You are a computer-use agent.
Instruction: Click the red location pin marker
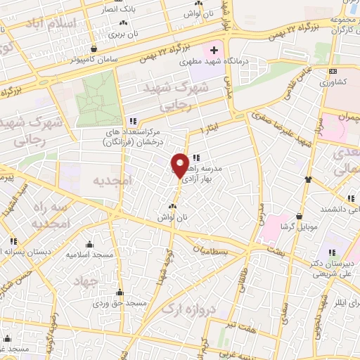point(181,164)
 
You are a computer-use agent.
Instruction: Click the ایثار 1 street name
point(209,131)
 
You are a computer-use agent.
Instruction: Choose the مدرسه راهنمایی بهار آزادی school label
point(203,174)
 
